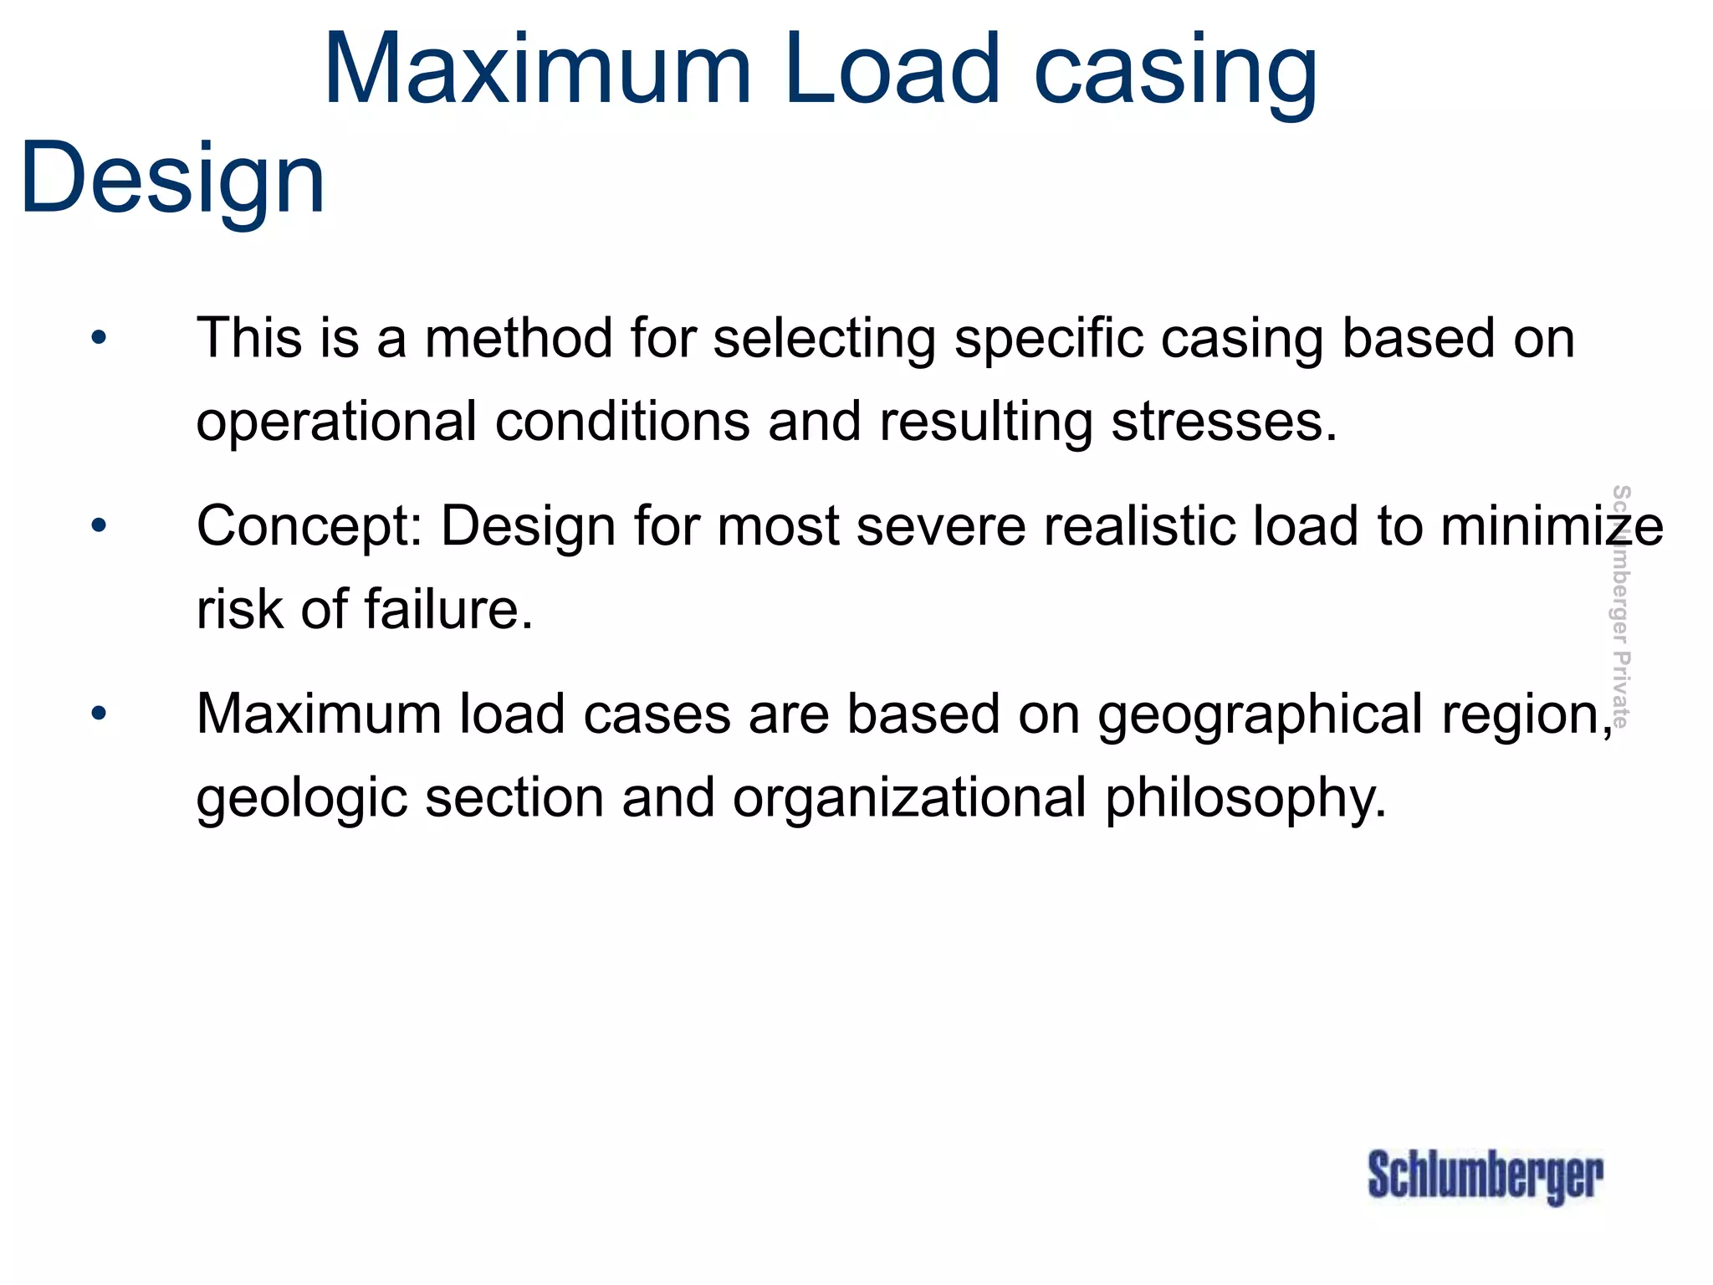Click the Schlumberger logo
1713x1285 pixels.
[1485, 1176]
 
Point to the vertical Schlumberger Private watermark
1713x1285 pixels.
[1620, 606]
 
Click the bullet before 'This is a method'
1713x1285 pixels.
[100, 338]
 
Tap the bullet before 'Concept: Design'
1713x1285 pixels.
[100, 526]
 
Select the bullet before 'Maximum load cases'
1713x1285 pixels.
[100, 714]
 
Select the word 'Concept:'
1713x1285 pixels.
[309, 527]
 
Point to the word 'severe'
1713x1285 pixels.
[940, 526]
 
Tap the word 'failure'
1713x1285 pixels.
[441, 609]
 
